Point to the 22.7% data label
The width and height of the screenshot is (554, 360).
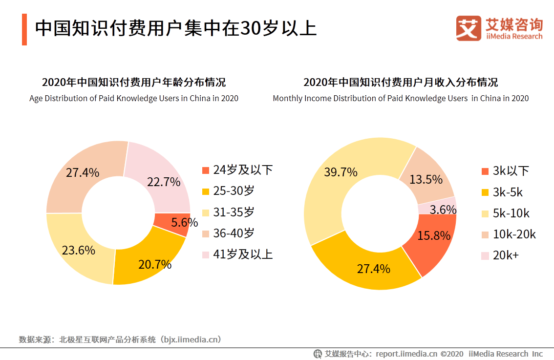point(164,182)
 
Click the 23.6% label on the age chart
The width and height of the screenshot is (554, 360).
point(78,251)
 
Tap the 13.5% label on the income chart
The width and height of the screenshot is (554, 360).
point(426,179)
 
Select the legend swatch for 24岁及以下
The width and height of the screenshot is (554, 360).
point(206,170)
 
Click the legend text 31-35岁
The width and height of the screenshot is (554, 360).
point(234,212)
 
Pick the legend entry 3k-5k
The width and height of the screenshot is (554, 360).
point(508,192)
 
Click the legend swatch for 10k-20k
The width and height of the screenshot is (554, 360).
point(485,234)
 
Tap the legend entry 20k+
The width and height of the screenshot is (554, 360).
point(506,255)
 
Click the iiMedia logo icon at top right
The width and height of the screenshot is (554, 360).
point(469,28)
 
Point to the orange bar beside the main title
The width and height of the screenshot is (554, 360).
point(24,29)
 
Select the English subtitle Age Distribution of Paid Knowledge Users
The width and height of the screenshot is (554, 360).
point(134,98)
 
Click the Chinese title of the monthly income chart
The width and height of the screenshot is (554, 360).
point(401,82)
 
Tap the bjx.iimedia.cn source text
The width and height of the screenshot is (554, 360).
point(192,339)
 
